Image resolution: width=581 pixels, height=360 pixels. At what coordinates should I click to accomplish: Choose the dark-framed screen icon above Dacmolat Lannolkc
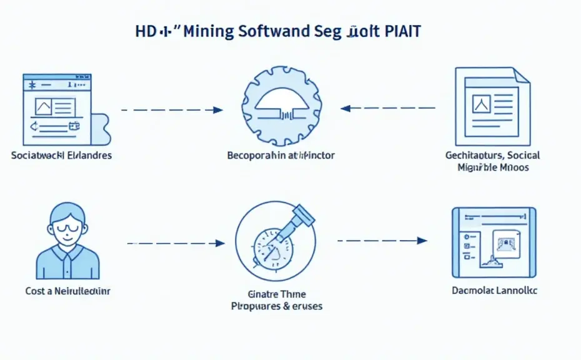click(494, 242)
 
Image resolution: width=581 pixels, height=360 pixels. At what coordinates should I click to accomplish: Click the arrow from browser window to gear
click(172, 110)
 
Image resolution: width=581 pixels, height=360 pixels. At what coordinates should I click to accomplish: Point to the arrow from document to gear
click(388, 108)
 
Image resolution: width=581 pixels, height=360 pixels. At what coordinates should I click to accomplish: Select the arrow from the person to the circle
click(176, 242)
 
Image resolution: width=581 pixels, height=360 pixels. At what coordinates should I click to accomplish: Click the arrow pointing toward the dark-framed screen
click(382, 240)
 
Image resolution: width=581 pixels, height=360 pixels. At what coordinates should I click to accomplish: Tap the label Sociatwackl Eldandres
click(61, 155)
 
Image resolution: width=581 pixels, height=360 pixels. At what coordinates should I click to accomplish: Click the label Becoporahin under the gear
click(255, 155)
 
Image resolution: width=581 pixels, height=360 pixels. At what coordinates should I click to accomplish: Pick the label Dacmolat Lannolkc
click(494, 291)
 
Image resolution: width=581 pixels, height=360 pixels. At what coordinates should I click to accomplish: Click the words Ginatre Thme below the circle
click(277, 294)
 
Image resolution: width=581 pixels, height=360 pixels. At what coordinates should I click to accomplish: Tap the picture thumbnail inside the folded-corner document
click(481, 102)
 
